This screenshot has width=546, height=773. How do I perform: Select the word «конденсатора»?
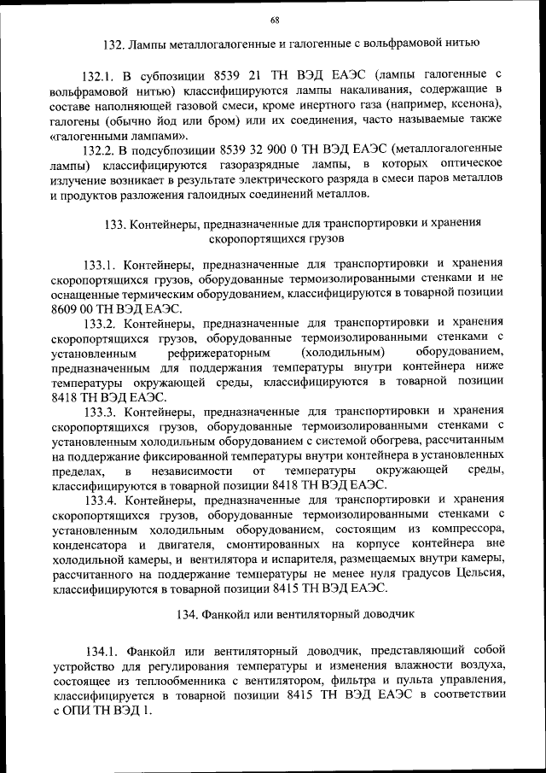coord(90,543)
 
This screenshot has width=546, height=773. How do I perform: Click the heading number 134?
coord(188,614)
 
